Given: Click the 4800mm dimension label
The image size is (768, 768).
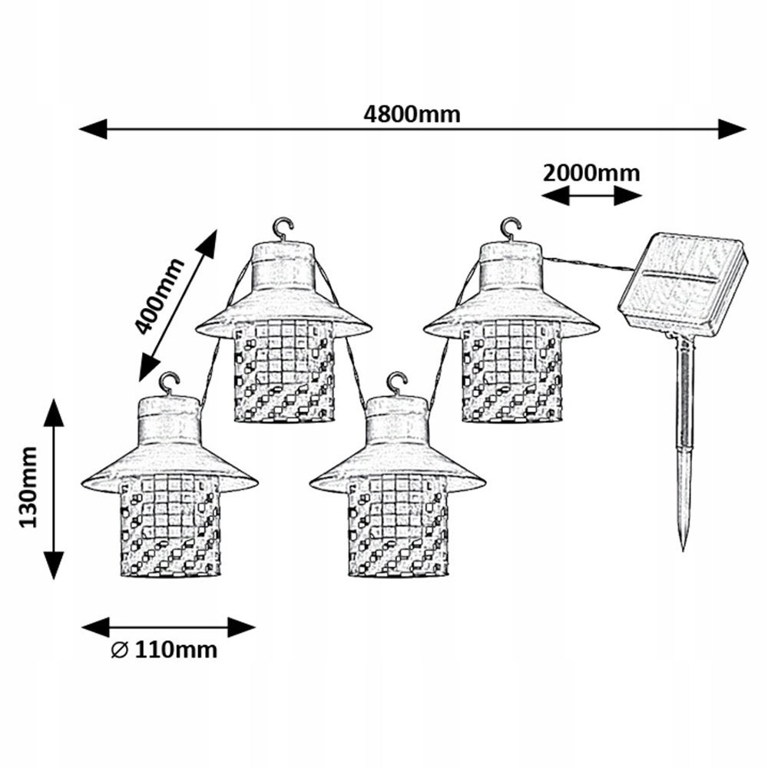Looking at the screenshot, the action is point(412,114).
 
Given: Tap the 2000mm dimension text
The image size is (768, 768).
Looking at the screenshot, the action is point(591,172).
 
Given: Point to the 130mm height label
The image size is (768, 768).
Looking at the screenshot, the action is point(29,488).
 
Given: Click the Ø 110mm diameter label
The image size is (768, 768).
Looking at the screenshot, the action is point(164,650).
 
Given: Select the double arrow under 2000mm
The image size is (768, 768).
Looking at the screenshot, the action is point(591,197).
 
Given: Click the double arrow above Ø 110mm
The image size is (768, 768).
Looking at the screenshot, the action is point(167,627).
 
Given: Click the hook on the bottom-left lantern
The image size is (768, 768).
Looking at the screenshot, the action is point(169,382).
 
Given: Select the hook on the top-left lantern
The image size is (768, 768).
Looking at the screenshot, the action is point(283,227).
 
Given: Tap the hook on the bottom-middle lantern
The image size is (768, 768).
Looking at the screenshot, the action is point(397,382).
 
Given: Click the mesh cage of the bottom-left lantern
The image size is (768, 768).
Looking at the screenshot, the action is point(170,526).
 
